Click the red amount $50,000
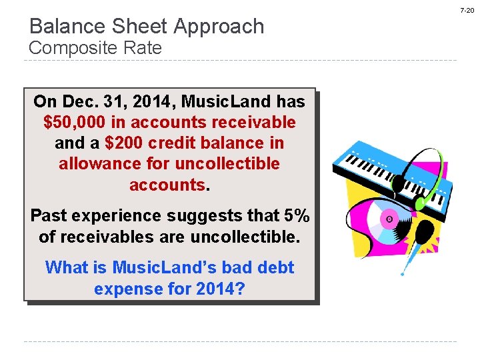pos(72,123)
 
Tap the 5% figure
pos(297,216)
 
